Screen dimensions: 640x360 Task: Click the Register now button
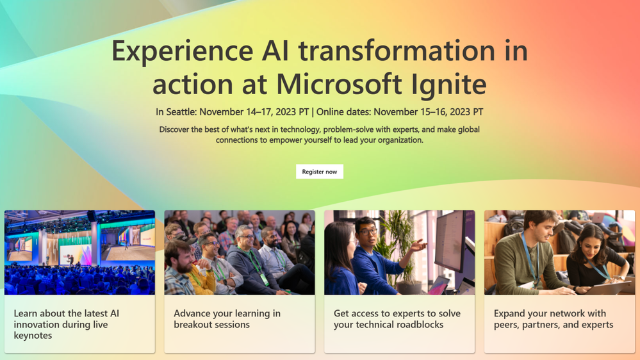coord(320,172)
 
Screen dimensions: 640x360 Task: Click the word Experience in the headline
coord(183,52)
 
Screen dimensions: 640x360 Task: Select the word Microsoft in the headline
coord(339,84)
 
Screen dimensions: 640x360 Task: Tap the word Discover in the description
coord(174,129)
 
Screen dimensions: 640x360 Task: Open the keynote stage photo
coord(79,252)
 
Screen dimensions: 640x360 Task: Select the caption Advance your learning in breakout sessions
coord(227,319)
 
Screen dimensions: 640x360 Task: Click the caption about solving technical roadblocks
coord(397,319)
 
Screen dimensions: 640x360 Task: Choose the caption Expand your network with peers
coord(554,319)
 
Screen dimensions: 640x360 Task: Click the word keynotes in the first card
coord(33,336)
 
